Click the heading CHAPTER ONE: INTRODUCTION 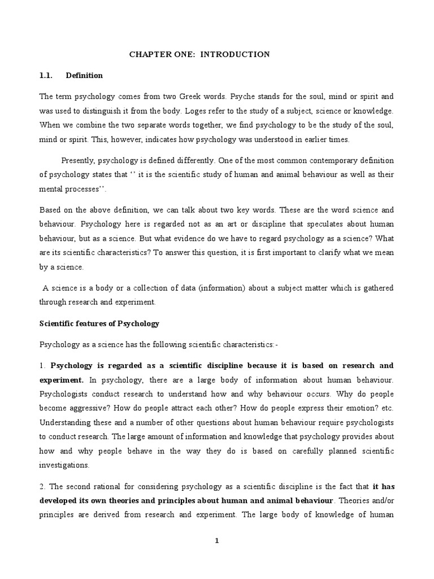200,54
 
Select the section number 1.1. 46,75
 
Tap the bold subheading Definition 84,75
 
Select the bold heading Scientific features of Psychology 99,324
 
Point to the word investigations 64,465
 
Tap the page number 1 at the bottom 216,541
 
